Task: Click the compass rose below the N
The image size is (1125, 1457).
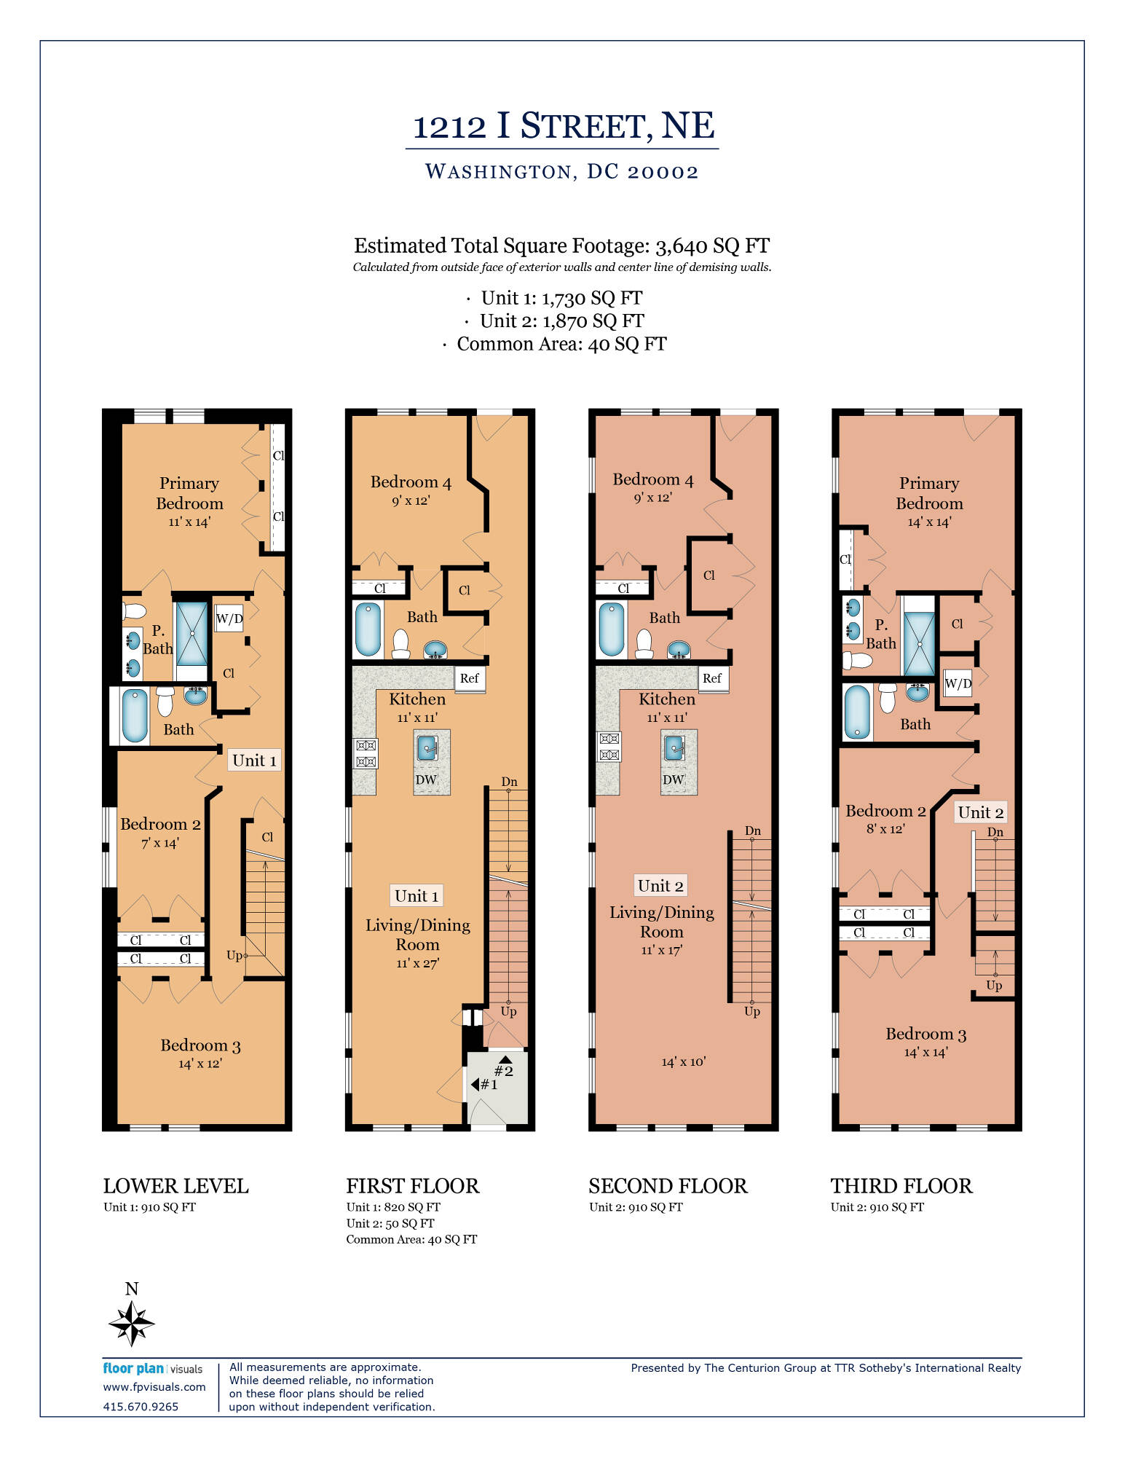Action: (x=132, y=1323)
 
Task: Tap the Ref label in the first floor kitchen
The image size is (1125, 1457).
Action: (x=470, y=678)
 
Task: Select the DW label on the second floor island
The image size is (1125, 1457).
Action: (x=674, y=779)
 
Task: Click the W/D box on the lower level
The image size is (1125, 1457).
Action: (x=229, y=618)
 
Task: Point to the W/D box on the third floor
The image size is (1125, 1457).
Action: (x=958, y=683)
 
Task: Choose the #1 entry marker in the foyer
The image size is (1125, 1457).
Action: (x=485, y=1085)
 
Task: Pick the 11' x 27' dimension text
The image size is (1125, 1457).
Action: (x=418, y=963)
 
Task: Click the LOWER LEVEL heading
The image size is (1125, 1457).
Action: (x=176, y=1186)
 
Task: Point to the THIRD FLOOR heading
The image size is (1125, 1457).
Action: (x=901, y=1186)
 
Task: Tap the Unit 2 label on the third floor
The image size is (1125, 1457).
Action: (x=981, y=812)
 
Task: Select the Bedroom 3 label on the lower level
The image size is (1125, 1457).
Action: (x=200, y=1045)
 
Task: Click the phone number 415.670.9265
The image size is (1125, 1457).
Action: (x=141, y=1407)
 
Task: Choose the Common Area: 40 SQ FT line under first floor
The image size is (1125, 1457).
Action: (x=411, y=1239)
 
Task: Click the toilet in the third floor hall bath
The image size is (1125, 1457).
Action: (x=888, y=698)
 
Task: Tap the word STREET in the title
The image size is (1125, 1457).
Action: (x=583, y=126)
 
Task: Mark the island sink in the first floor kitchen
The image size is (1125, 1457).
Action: (x=427, y=748)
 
